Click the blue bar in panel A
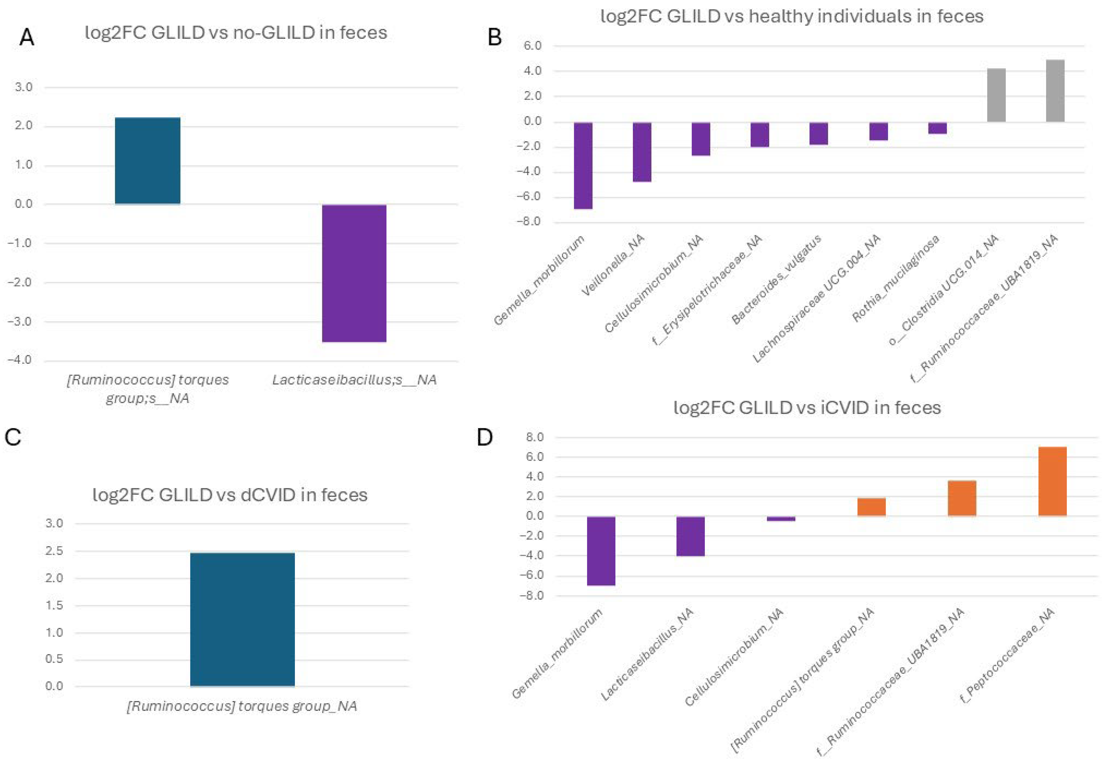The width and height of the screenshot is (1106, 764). click(x=147, y=161)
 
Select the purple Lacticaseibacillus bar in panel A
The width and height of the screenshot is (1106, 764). click(x=354, y=273)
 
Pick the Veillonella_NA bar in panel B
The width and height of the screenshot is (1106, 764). click(x=642, y=152)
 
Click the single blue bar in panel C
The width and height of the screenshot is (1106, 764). click(x=242, y=620)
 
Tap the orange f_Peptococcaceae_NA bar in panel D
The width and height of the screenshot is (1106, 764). click(x=1052, y=481)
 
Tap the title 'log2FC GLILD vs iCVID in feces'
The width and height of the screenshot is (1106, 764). click(x=807, y=408)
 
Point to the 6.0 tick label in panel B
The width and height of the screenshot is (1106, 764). click(x=532, y=46)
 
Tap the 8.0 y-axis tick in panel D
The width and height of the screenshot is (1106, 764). click(x=534, y=437)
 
